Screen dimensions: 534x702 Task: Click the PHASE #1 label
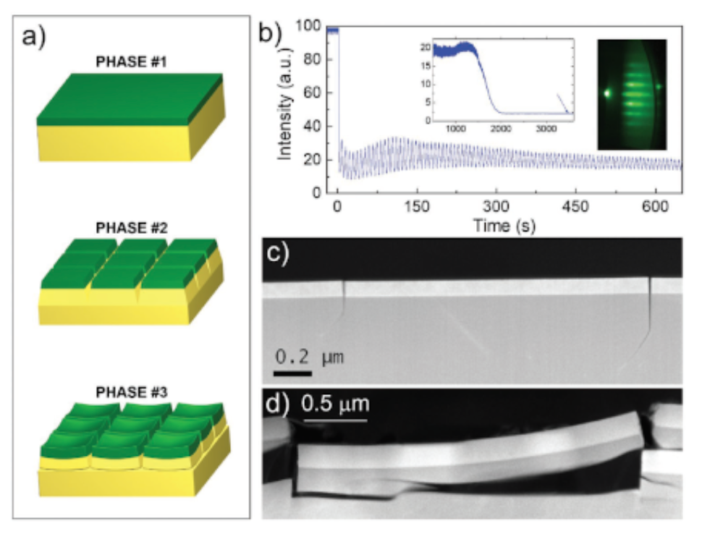(x=131, y=62)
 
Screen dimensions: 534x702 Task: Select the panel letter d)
(x=275, y=403)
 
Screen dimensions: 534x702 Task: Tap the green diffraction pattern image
(x=632, y=94)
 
